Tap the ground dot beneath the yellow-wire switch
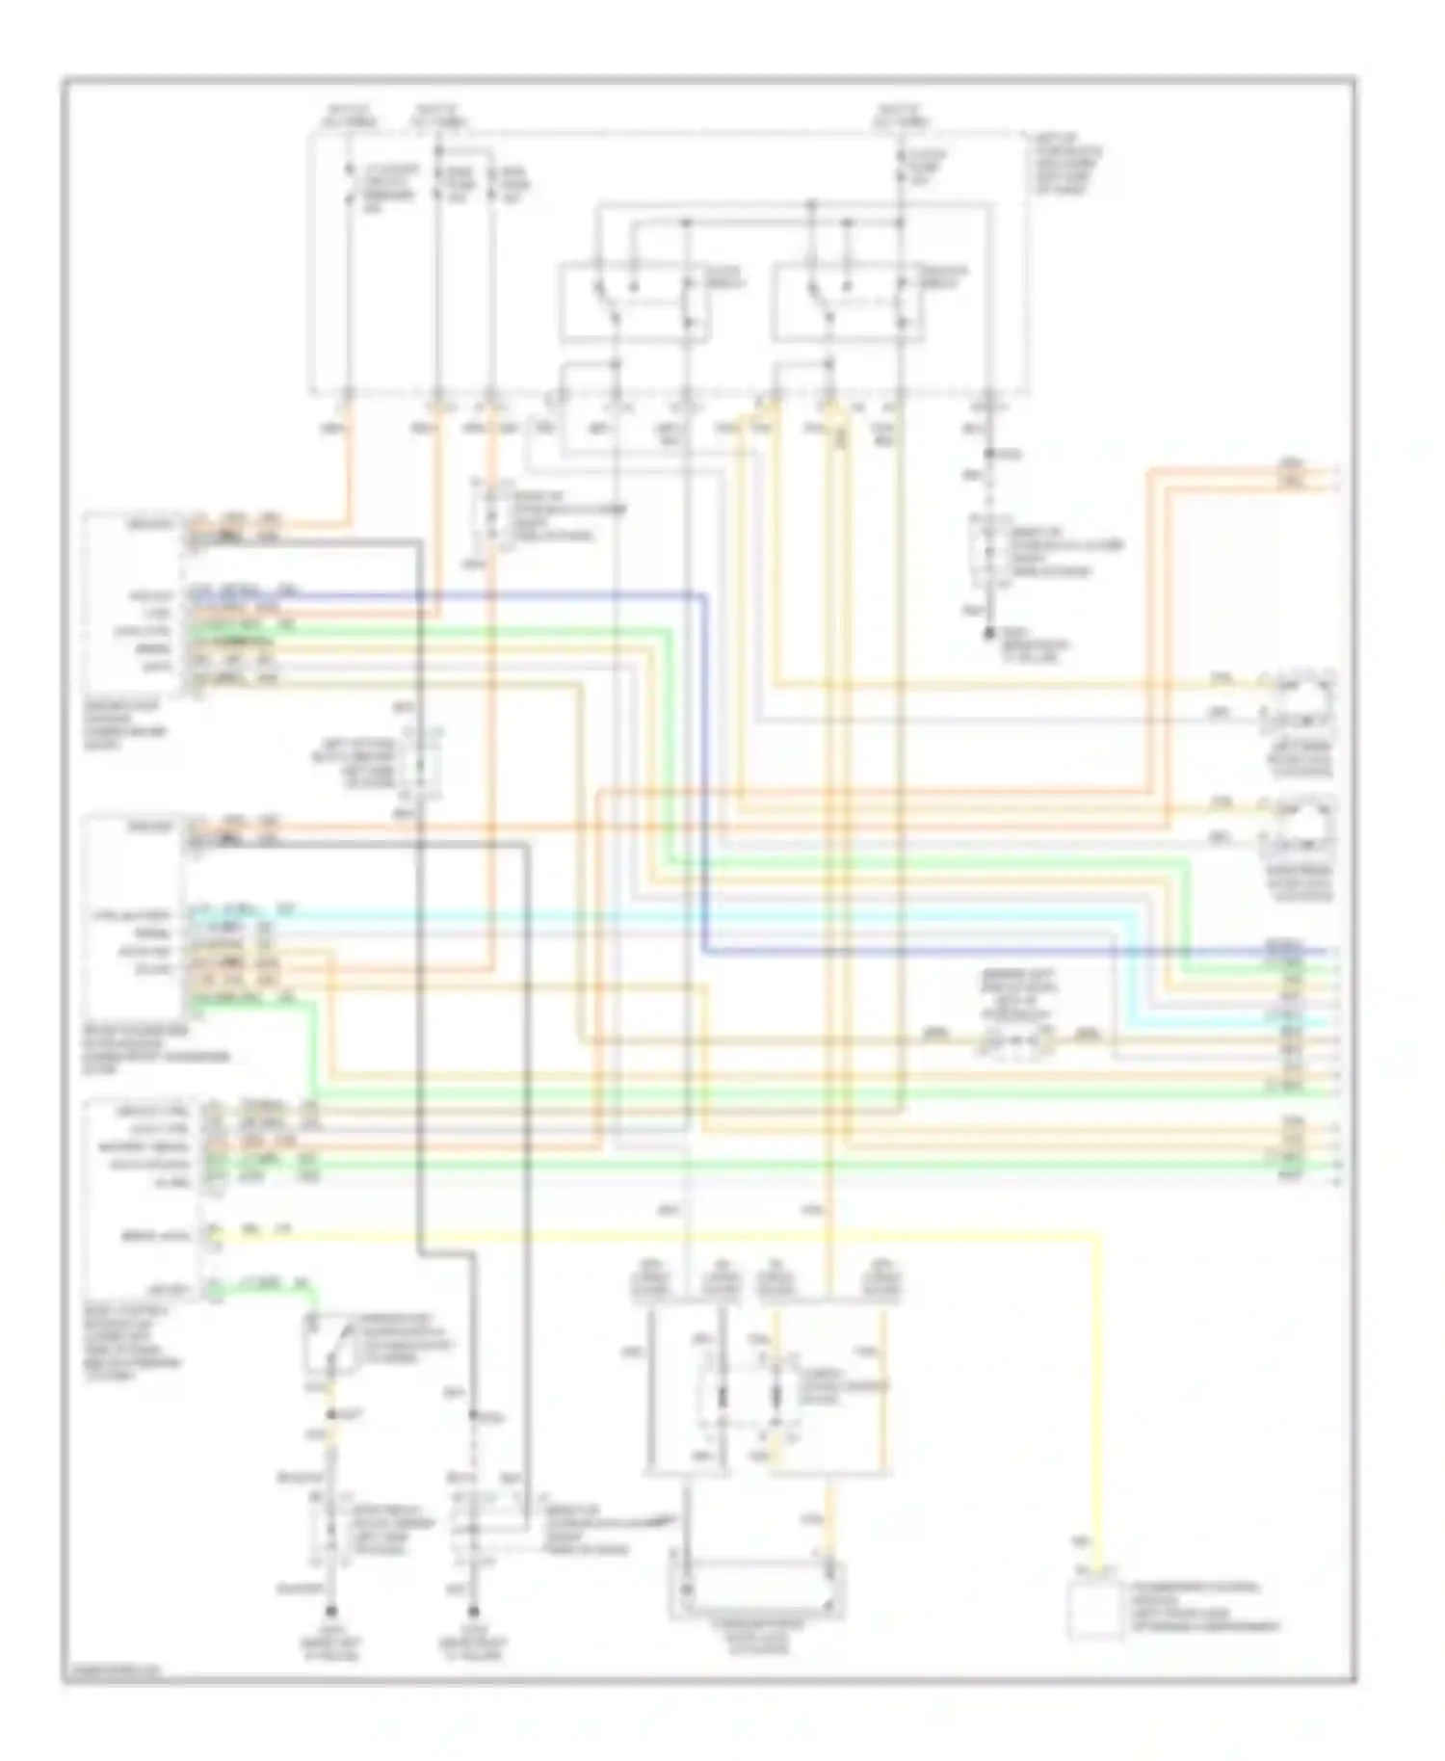pyautogui.click(x=331, y=1613)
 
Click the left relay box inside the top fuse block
pyautogui.click(x=636, y=302)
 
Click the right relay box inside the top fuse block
pyautogui.click(x=848, y=302)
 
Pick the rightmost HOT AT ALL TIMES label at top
pyautogui.click(x=901, y=116)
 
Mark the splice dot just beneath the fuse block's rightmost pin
pyautogui.click(x=988, y=453)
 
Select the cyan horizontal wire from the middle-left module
pyautogui.click(x=674, y=912)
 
